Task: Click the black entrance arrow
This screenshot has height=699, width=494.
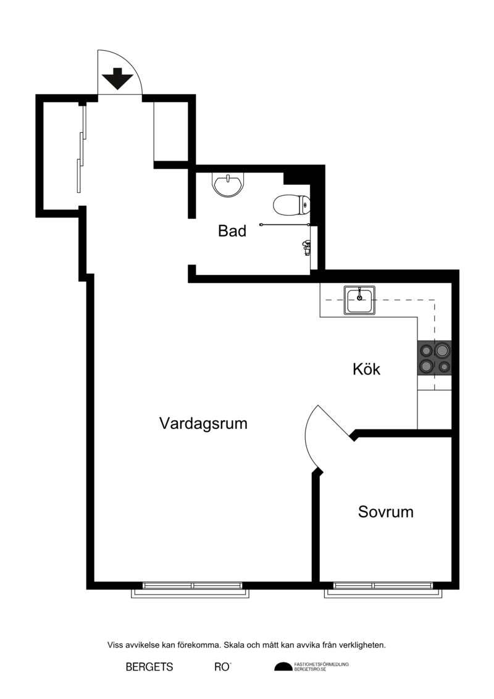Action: pos(117,78)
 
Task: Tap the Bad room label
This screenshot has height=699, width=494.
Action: pos(232,231)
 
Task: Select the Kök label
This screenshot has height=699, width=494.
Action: pos(367,369)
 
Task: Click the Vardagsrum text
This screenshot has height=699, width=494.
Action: pos(203,423)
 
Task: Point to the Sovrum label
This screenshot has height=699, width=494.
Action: pos(386,512)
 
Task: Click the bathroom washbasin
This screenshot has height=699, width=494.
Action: pos(228,185)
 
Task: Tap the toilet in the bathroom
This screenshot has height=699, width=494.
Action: pos(291,206)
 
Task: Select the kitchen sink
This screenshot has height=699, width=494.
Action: pos(359,300)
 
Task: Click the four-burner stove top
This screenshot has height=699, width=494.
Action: pos(434,358)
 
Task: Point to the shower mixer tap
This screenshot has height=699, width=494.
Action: pos(305,247)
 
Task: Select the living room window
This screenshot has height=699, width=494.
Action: pos(190,590)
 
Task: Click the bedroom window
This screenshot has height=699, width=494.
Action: pos(383,590)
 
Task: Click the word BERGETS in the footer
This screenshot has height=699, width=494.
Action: pos(149,667)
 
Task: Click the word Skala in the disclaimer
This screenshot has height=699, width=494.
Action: pos(234,645)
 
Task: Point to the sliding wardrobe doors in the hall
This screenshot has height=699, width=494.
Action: pos(82,148)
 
